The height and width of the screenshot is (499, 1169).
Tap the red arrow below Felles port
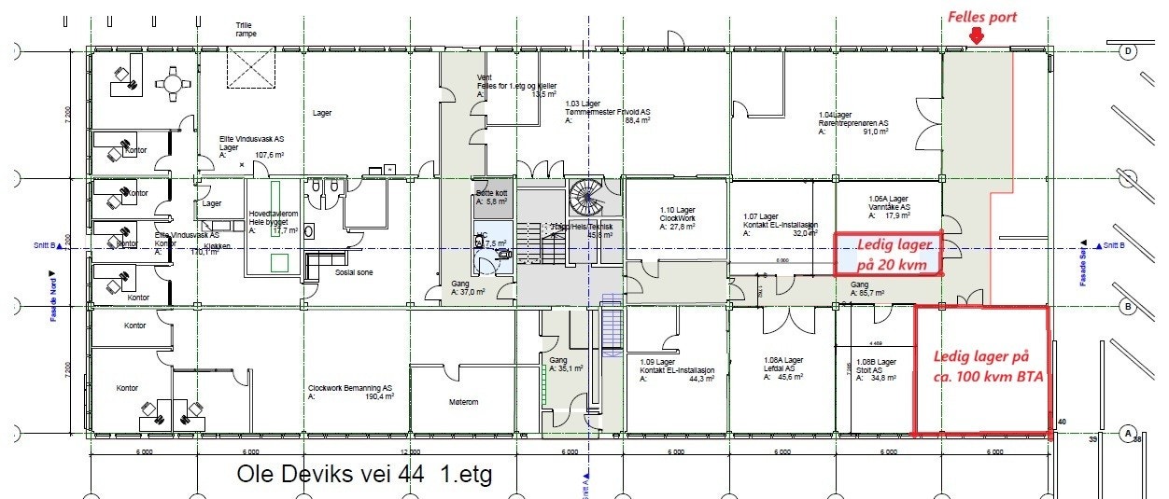click(x=977, y=36)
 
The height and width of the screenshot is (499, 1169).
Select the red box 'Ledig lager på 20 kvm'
click(x=887, y=254)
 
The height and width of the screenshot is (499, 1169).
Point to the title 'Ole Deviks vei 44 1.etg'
click(x=365, y=474)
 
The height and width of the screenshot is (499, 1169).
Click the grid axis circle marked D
click(x=1128, y=51)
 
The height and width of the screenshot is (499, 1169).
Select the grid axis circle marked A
click(x=1128, y=434)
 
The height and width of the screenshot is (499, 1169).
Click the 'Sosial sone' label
click(x=353, y=274)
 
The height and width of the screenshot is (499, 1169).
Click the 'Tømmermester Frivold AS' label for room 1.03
click(x=608, y=112)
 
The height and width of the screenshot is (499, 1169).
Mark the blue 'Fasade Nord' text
click(x=54, y=297)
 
